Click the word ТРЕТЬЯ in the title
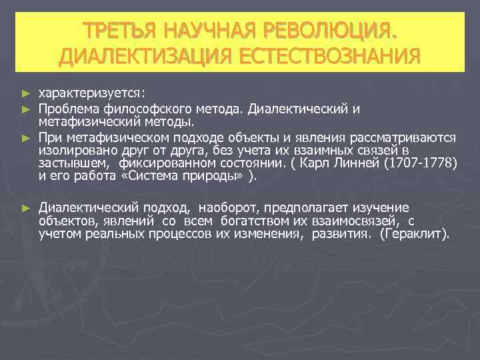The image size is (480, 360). point(119,31)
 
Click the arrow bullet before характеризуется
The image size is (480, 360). point(26,91)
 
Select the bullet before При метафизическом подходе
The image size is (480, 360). point(26,137)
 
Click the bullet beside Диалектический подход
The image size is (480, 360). point(26,208)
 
